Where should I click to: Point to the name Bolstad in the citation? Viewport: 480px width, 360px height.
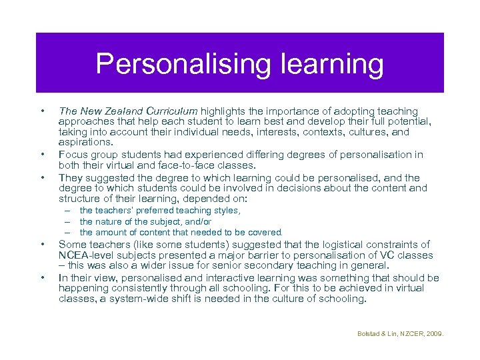(367, 333)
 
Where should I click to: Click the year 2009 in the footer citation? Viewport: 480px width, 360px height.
(434, 333)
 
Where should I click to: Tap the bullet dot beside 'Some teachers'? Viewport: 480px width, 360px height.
(42, 245)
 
